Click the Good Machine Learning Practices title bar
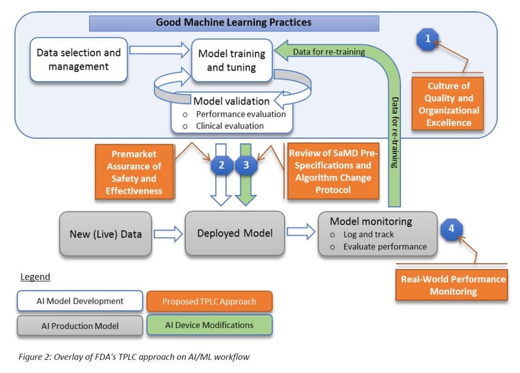[234, 23]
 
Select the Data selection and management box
[79, 59]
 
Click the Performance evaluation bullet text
[239, 113]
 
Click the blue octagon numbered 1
[427, 40]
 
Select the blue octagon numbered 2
[222, 165]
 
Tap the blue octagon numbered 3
[246, 165]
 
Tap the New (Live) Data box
[106, 233]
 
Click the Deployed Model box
[235, 233]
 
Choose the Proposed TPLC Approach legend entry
[209, 301]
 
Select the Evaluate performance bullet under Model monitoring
[384, 246]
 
